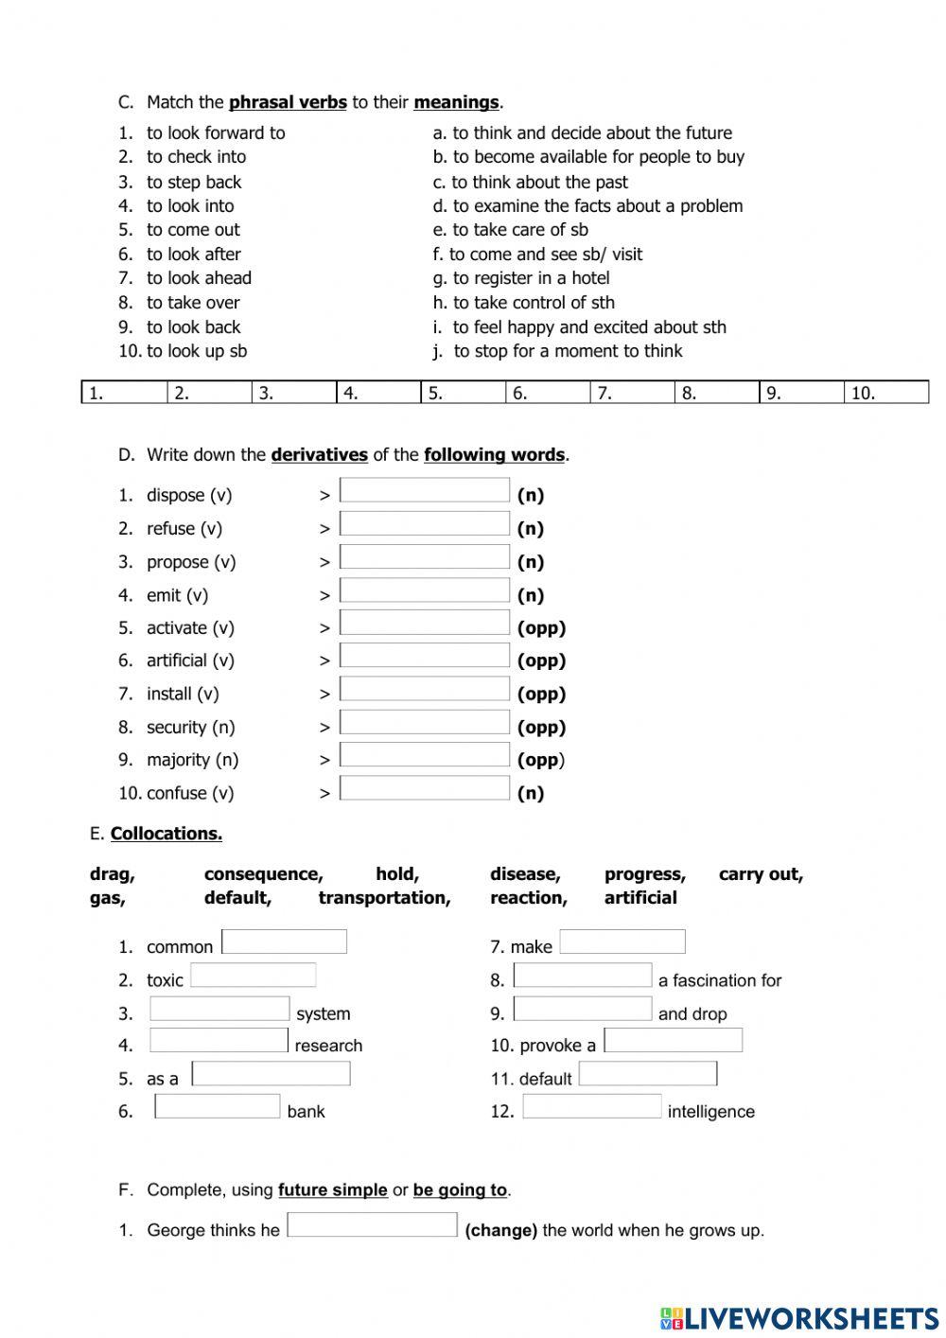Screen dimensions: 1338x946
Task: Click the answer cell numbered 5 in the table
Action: point(463,393)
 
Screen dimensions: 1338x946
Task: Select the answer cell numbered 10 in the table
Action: point(885,393)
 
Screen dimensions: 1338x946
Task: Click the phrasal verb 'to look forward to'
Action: point(216,133)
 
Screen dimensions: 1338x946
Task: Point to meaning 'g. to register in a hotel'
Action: point(521,278)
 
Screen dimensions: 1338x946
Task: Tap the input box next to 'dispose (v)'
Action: point(424,490)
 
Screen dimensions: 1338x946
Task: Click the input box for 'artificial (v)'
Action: point(424,656)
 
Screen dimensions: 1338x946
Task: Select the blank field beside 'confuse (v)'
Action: point(424,788)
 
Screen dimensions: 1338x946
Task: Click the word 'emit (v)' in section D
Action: point(177,595)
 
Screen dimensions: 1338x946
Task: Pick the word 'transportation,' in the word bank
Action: point(384,898)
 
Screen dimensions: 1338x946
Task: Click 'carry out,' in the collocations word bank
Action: point(761,874)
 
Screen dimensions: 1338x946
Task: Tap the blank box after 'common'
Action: point(284,942)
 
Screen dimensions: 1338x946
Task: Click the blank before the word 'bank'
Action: point(218,1107)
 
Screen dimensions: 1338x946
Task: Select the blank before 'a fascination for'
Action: point(583,976)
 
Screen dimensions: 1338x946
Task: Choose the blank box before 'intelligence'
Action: point(592,1107)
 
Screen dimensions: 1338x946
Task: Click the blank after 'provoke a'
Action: point(674,1041)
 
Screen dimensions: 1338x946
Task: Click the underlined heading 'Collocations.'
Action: point(166,834)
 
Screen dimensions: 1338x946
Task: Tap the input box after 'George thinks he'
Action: point(372,1225)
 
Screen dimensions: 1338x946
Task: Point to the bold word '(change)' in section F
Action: point(500,1230)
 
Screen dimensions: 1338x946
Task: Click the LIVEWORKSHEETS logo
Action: point(799,1318)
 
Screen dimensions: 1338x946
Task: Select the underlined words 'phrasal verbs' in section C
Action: point(288,102)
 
